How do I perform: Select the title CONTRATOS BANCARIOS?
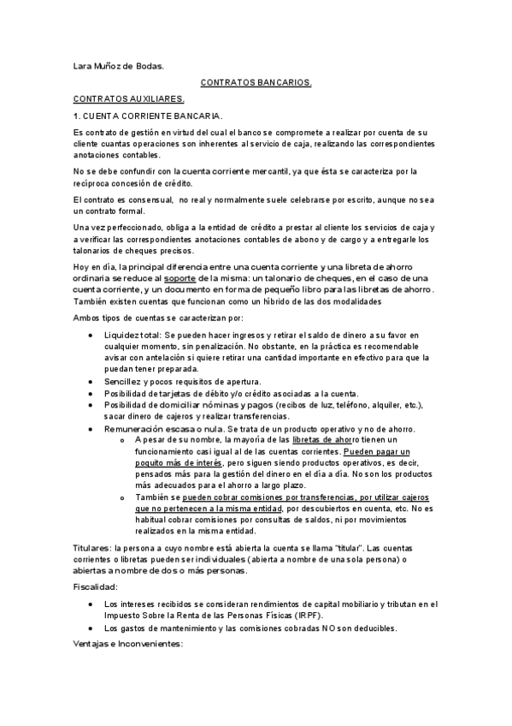point(256,83)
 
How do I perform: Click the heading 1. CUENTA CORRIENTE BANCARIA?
point(137,116)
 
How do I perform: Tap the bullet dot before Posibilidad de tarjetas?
point(91,393)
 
